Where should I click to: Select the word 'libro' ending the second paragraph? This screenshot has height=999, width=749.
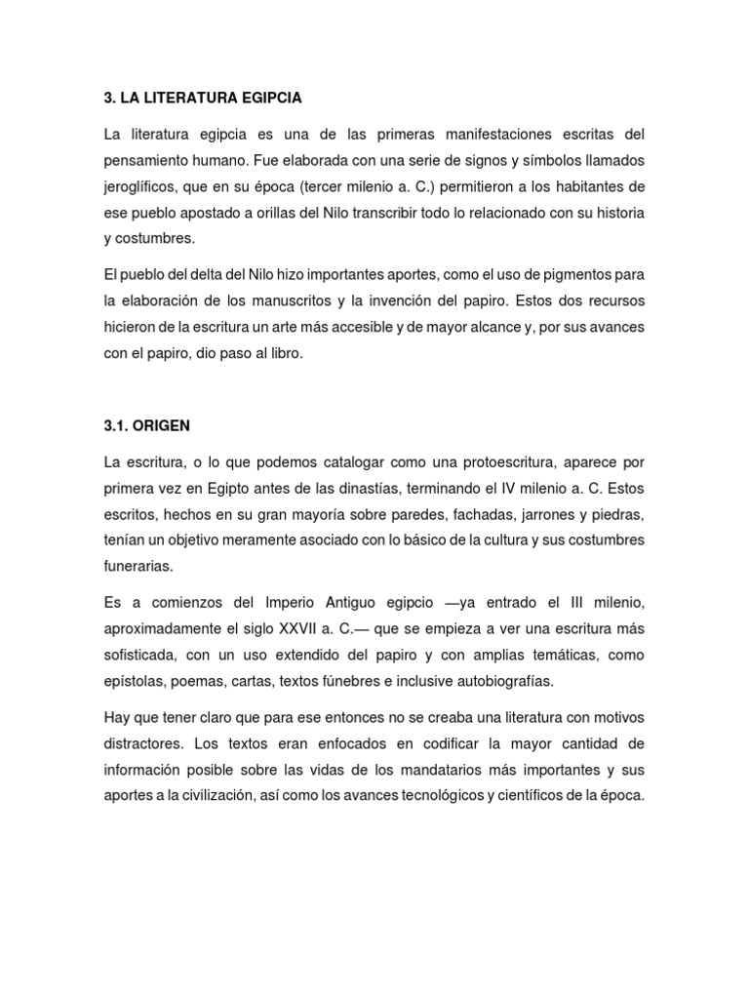pyautogui.click(x=287, y=354)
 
